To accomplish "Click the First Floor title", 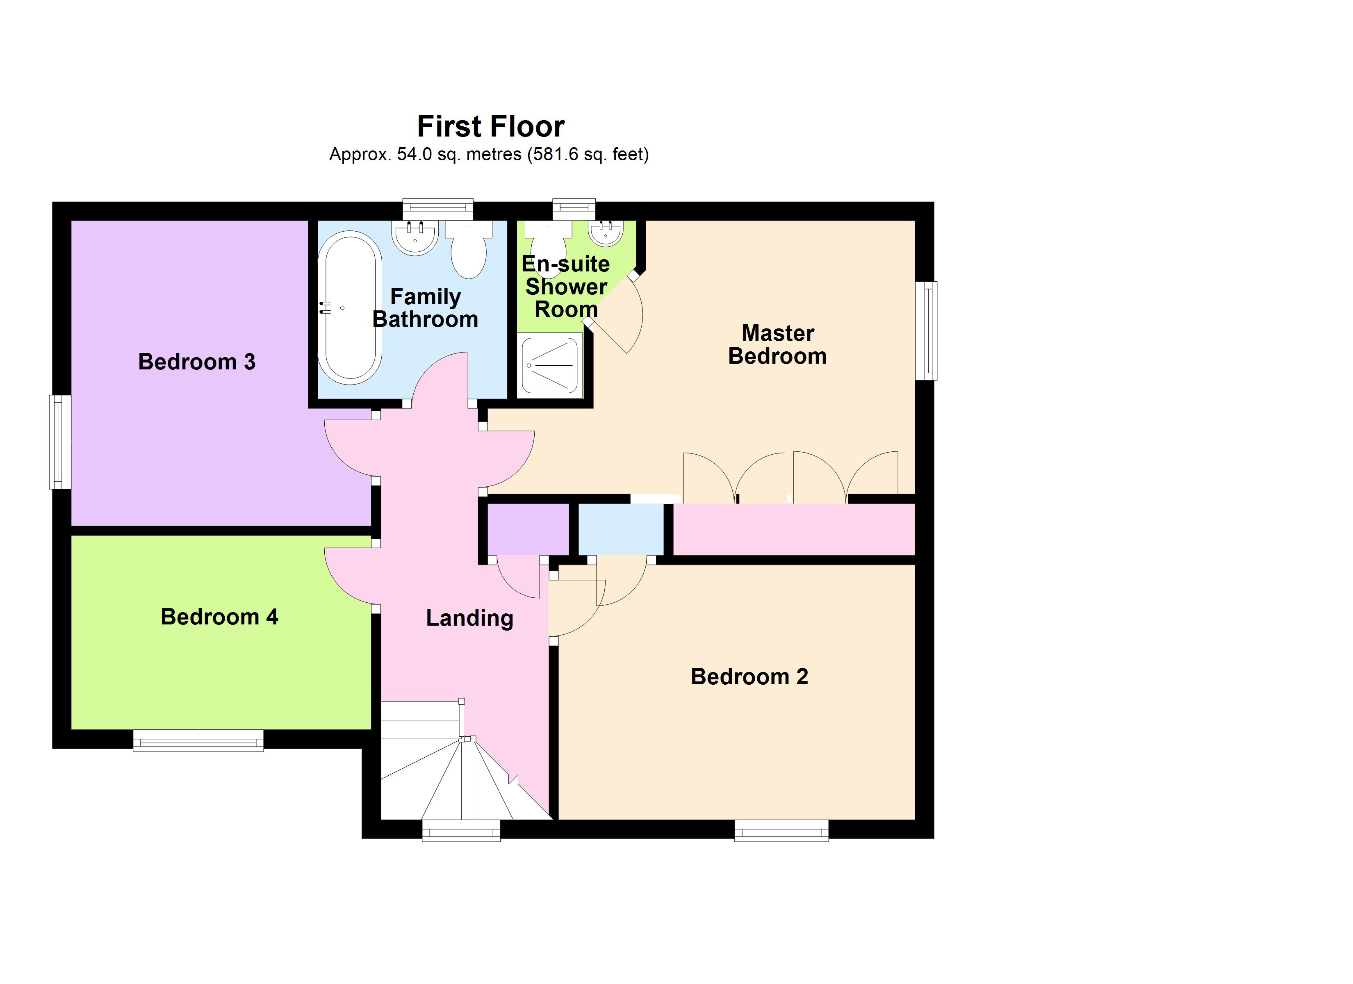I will click(490, 127).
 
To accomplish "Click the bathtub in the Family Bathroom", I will click(350, 307).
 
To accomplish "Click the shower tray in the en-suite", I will click(549, 365).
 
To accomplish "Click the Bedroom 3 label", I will click(197, 362).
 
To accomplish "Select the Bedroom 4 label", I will click(219, 616).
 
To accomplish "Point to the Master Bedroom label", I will click(777, 344).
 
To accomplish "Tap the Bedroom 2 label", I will click(749, 676).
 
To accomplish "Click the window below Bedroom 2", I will click(781, 830).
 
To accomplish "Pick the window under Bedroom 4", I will click(198, 740).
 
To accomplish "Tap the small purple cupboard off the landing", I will click(528, 529).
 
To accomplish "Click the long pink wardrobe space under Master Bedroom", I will click(793, 529).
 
